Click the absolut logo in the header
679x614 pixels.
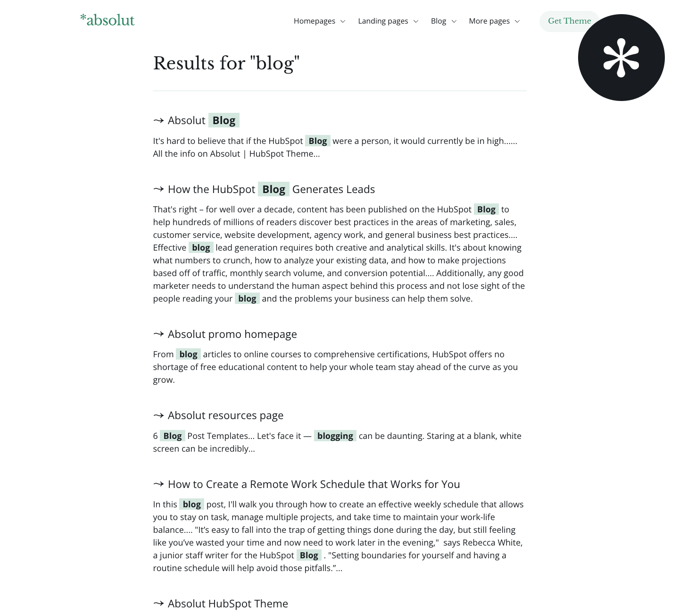pos(108,20)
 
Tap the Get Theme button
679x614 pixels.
pos(569,21)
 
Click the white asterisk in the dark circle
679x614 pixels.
pos(621,58)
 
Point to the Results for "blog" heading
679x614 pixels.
pos(226,63)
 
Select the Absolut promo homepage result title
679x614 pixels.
pos(232,334)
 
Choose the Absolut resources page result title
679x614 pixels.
pos(225,415)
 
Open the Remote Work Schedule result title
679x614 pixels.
pos(314,484)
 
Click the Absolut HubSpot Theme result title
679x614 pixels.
pos(228,604)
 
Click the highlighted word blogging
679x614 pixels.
pos(335,436)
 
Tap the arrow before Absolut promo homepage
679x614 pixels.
pos(158,334)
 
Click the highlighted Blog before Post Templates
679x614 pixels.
pos(172,436)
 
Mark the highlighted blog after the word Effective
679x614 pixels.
pos(201,248)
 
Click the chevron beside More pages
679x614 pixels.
pos(517,22)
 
